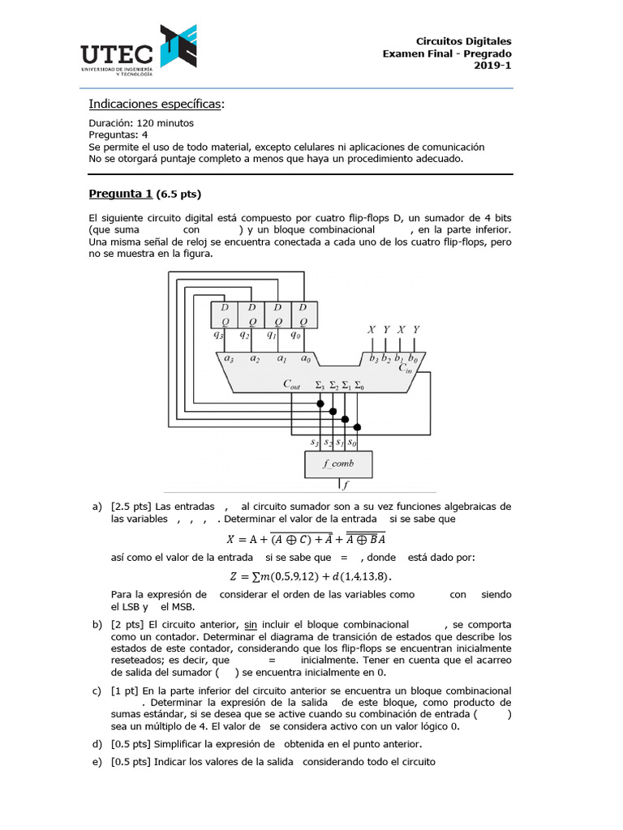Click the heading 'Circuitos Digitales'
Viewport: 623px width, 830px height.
(x=463, y=41)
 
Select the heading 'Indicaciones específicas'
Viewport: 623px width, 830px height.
(x=154, y=104)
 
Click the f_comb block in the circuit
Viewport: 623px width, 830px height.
(x=338, y=464)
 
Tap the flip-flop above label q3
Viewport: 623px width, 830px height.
(x=224, y=314)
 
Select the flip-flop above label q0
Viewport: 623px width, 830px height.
(x=303, y=314)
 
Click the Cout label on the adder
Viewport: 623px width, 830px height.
(x=292, y=385)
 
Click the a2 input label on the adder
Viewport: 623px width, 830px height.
(x=255, y=357)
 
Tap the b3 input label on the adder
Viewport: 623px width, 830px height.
(x=372, y=357)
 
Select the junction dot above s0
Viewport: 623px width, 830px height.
(x=359, y=426)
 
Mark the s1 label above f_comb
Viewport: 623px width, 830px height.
(x=341, y=443)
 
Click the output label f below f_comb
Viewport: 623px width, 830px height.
(x=346, y=486)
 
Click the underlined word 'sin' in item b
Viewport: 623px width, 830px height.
(x=251, y=625)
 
